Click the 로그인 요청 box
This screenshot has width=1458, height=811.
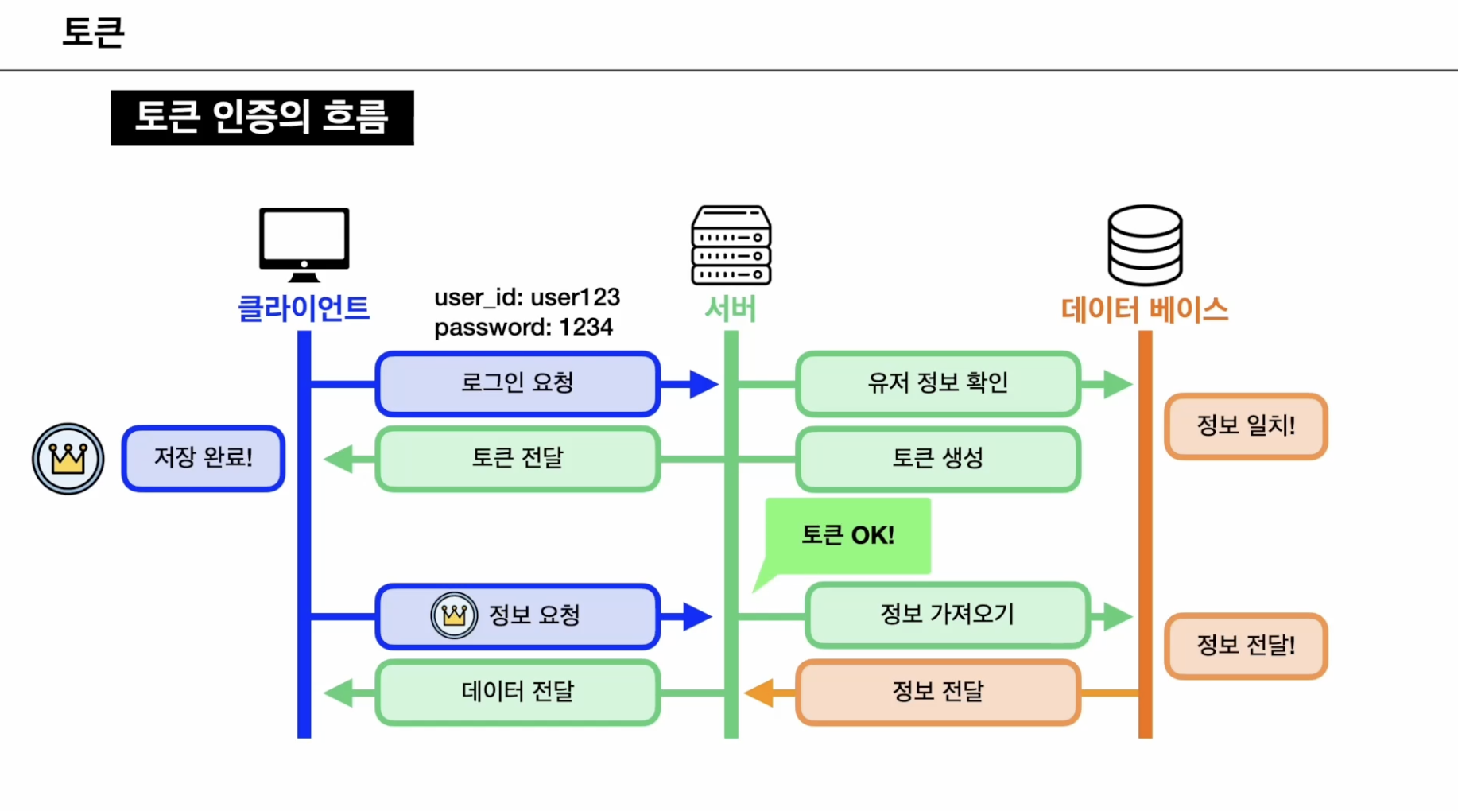click(x=518, y=384)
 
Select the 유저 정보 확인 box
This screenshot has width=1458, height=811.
click(x=937, y=384)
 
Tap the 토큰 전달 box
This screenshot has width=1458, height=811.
click(x=518, y=459)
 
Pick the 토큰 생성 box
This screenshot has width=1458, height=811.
click(x=937, y=459)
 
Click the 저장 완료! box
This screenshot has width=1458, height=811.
click(x=204, y=459)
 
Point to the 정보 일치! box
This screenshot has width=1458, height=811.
click(x=1246, y=426)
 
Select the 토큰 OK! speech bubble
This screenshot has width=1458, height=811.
click(x=847, y=535)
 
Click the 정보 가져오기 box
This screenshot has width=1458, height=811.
click(x=947, y=615)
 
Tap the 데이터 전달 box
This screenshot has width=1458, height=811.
click(x=518, y=692)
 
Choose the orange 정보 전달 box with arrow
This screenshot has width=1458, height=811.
click(x=937, y=692)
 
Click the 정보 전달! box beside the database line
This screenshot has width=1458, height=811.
click(x=1246, y=646)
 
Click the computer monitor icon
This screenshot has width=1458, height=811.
click(x=304, y=243)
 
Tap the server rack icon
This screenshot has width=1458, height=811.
click(x=731, y=245)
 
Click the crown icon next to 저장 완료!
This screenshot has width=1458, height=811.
click(x=68, y=459)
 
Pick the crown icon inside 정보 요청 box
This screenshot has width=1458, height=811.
click(x=454, y=615)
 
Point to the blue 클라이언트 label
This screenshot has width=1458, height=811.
click(x=304, y=308)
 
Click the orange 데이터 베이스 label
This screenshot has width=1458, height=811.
click(x=1145, y=309)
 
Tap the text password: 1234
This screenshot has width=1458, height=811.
click(x=523, y=328)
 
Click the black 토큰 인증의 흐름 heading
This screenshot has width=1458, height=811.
click(x=262, y=118)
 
